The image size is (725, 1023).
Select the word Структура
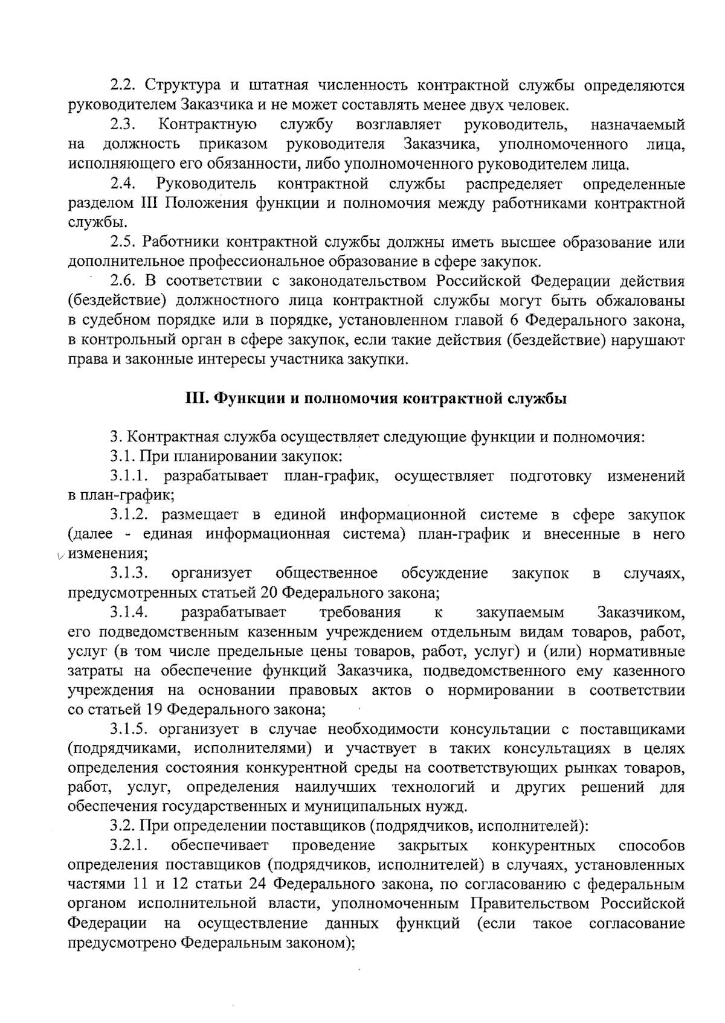(177, 85)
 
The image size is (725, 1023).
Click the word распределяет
(514, 184)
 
